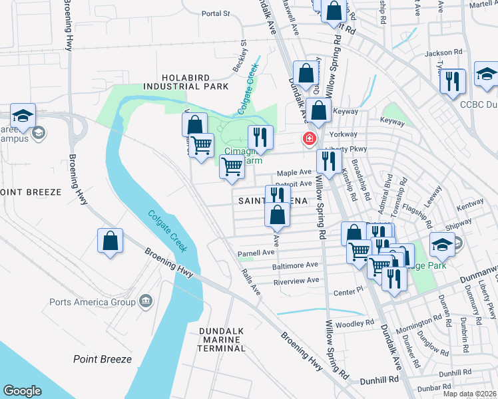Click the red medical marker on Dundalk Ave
click(x=309, y=139)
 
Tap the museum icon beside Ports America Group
click(x=145, y=303)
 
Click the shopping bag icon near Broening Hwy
click(x=111, y=242)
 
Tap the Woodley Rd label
click(x=350, y=324)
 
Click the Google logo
click(x=22, y=390)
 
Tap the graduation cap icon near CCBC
click(x=487, y=76)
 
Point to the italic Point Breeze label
click(x=101, y=359)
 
